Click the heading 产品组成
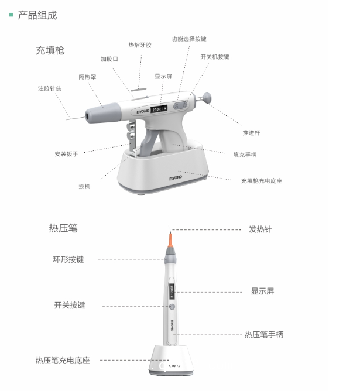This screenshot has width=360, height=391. click(37, 15)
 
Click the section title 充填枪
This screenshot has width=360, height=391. click(50, 50)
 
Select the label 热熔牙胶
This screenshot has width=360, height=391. click(140, 44)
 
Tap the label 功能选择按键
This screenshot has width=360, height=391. click(188, 39)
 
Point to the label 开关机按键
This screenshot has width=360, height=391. click(215, 57)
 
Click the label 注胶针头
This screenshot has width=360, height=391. click(50, 88)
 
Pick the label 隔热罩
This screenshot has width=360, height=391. click(88, 77)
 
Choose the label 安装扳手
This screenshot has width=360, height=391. click(66, 154)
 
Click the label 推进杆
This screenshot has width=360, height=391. click(251, 133)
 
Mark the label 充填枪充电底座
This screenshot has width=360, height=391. click(261, 181)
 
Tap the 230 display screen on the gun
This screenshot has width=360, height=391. click(158, 109)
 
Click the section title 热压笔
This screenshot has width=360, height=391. click(63, 228)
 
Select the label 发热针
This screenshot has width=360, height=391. click(260, 229)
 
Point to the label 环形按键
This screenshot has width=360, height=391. click(68, 259)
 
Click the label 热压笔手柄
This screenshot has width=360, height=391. click(264, 335)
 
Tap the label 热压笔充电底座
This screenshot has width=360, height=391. click(63, 361)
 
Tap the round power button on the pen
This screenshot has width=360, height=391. click(172, 307)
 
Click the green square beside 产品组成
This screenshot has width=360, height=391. click(11, 15)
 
